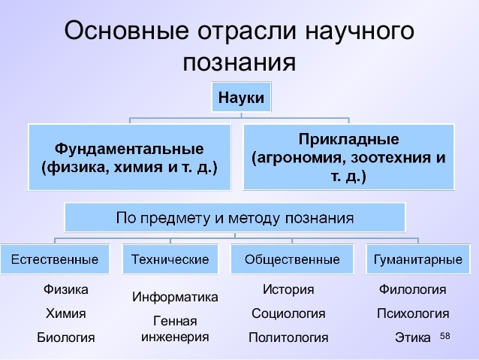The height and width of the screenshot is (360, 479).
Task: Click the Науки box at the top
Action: click(x=241, y=97)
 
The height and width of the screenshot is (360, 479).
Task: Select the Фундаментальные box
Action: click(x=130, y=157)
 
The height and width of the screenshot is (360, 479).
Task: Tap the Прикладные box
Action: click(x=348, y=157)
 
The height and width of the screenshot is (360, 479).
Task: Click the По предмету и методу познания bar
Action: click(x=235, y=217)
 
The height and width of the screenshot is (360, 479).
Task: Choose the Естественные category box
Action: click(x=55, y=259)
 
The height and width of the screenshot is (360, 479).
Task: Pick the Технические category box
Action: click(x=170, y=259)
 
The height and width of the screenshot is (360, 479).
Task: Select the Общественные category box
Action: click(x=292, y=259)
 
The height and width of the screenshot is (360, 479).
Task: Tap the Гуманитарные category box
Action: click(x=418, y=259)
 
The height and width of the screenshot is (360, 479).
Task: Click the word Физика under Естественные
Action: click(x=65, y=289)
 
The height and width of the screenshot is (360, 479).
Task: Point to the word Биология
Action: click(x=65, y=337)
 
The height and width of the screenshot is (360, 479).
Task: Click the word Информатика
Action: click(x=175, y=297)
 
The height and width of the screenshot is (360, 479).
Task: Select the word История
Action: click(x=288, y=289)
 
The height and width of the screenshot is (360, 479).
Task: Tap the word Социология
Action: click(x=288, y=313)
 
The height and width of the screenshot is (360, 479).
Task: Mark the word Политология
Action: click(x=288, y=337)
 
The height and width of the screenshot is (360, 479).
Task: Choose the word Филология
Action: click(x=413, y=289)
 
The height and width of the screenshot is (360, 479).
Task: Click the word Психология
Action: click(x=413, y=313)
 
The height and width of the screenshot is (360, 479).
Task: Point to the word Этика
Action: click(x=413, y=337)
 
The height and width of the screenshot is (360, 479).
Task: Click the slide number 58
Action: click(x=445, y=336)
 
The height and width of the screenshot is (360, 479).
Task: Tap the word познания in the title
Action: click(x=239, y=63)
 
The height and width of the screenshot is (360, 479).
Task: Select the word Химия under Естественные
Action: click(x=65, y=313)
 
